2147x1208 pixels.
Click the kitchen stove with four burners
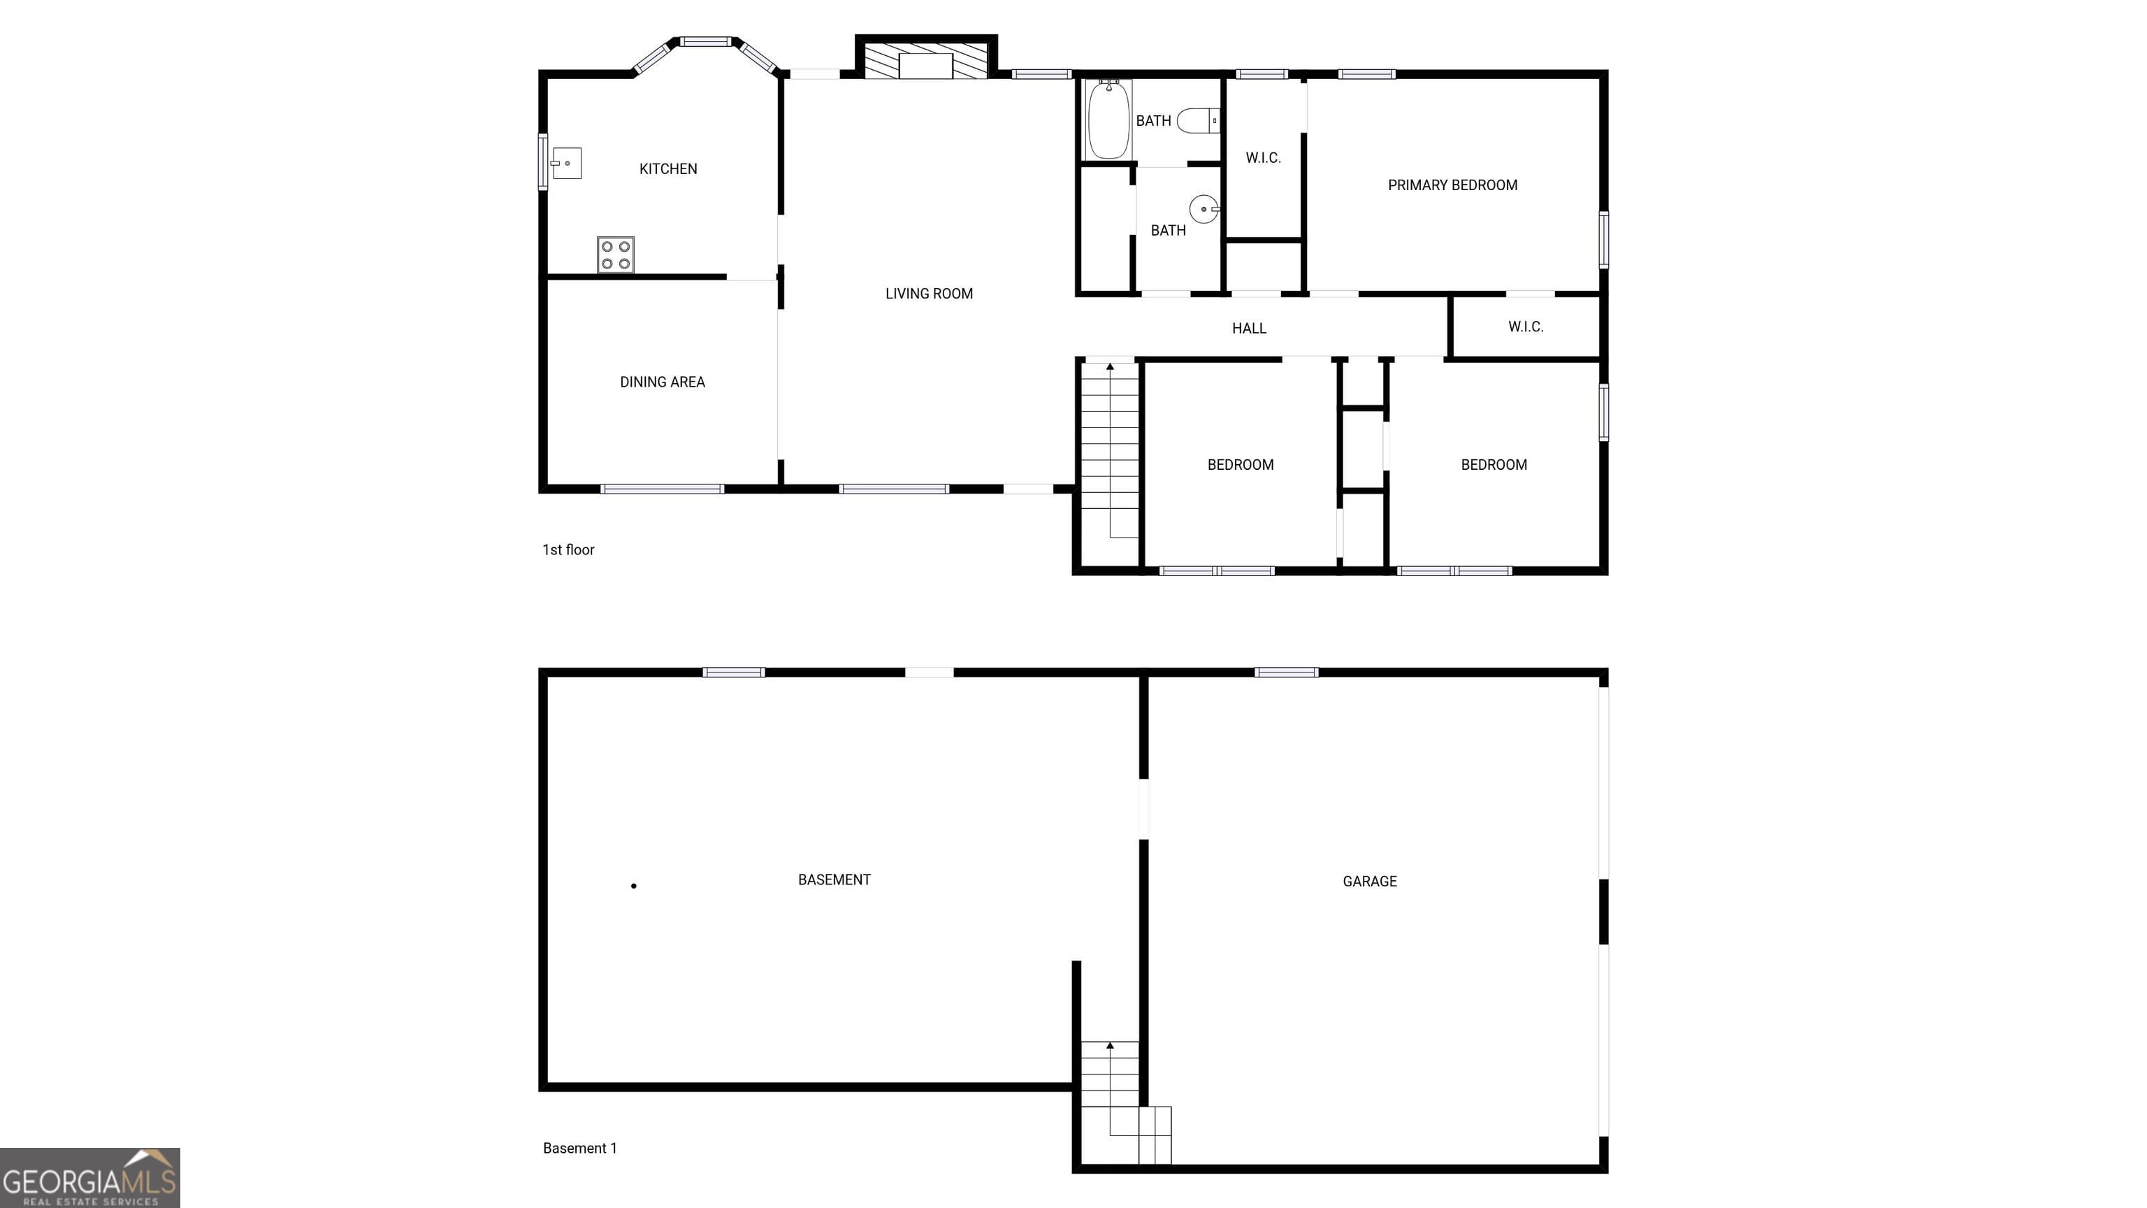(615, 255)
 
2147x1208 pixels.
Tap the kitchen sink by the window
(567, 164)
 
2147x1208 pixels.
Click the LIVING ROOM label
(928, 294)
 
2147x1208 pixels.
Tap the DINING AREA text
(662, 382)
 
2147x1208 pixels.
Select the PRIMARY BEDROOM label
(1452, 185)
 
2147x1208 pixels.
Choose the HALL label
(1248, 329)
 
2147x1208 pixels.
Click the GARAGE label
(1369, 882)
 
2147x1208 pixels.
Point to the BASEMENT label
(834, 879)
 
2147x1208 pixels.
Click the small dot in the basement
(633, 885)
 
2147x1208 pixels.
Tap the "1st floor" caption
(568, 549)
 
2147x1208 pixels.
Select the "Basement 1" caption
(579, 1148)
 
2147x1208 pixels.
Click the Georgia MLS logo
(90, 1177)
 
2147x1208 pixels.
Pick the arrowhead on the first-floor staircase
(1109, 367)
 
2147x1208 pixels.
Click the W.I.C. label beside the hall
(1525, 326)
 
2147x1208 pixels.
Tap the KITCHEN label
(667, 169)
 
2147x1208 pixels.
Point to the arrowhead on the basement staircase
(1109, 1045)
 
